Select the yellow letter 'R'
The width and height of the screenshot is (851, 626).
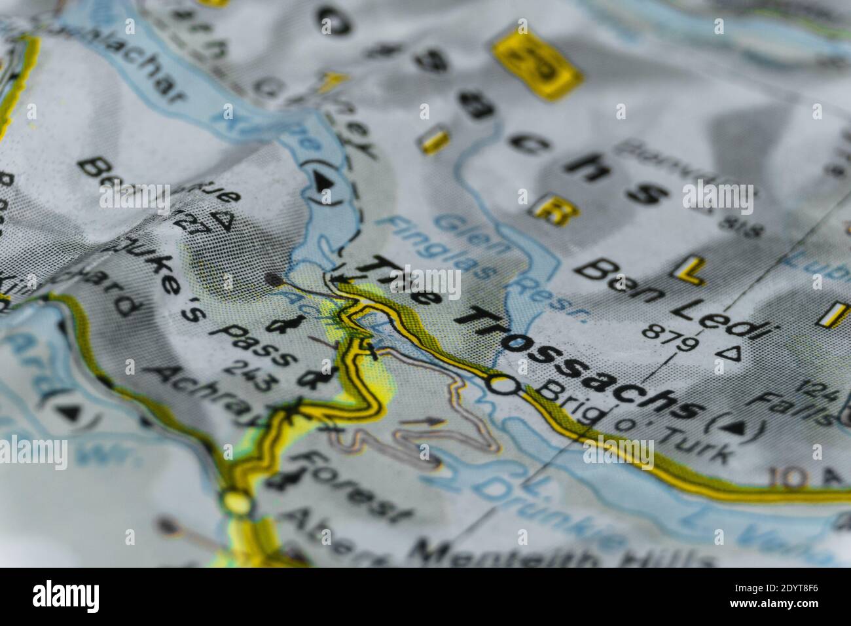tap(549, 211)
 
